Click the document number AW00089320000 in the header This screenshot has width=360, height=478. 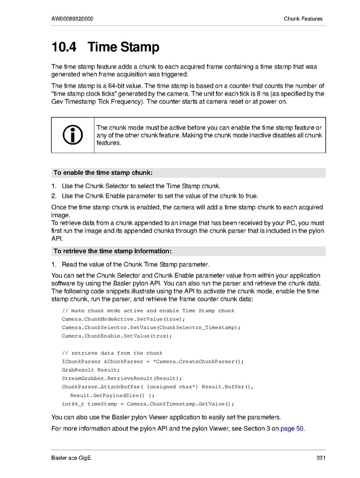[x=72, y=19]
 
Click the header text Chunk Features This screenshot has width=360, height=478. [x=303, y=19]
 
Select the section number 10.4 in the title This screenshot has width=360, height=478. [x=64, y=47]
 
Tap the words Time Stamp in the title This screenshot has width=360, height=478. [x=123, y=47]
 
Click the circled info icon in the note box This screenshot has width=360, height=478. [x=73, y=135]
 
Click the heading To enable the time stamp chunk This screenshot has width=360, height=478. [x=103, y=173]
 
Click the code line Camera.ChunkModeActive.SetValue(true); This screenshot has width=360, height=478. [x=123, y=319]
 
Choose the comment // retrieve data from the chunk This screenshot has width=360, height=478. [x=112, y=353]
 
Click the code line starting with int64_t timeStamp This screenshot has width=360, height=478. [x=148, y=404]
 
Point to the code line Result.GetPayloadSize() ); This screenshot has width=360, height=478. [x=112, y=396]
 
